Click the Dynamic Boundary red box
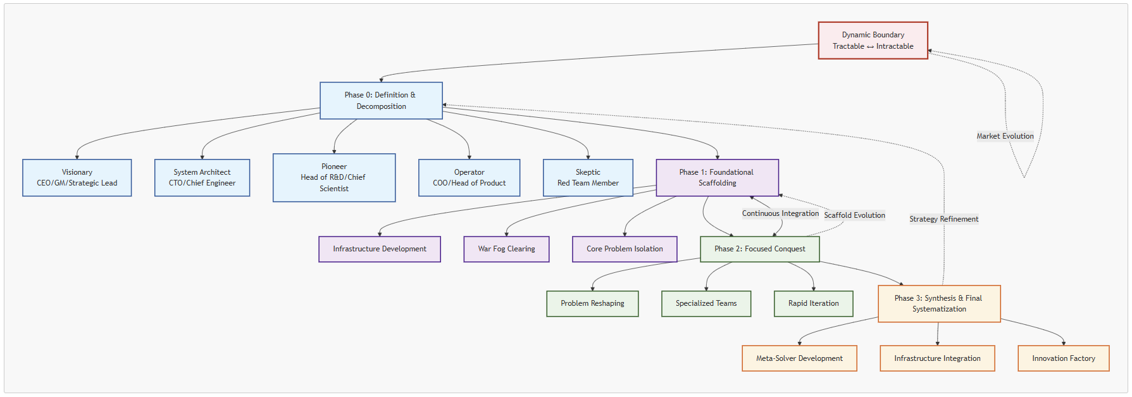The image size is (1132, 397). [873, 41]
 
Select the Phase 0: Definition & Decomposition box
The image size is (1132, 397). [381, 101]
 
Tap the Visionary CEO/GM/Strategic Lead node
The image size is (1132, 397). [77, 178]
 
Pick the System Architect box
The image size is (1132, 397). [202, 178]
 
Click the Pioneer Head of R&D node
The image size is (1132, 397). [334, 178]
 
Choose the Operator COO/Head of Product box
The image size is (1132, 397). [469, 178]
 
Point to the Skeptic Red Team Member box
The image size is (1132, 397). [588, 178]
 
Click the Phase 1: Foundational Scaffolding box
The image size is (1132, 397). [717, 178]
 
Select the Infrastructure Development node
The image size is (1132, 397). [380, 249]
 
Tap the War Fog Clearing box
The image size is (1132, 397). [506, 249]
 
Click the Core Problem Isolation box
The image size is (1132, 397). [625, 249]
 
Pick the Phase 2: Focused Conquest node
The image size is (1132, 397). [759, 249]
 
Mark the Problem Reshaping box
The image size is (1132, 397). [592, 304]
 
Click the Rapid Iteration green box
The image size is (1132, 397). [813, 304]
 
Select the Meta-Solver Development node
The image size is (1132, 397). [799, 358]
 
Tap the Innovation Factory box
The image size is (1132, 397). [1063, 358]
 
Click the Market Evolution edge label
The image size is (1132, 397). [1005, 136]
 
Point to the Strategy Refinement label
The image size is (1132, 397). [943, 219]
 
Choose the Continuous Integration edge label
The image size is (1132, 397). [780, 213]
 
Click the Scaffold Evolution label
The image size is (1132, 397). [854, 215]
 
